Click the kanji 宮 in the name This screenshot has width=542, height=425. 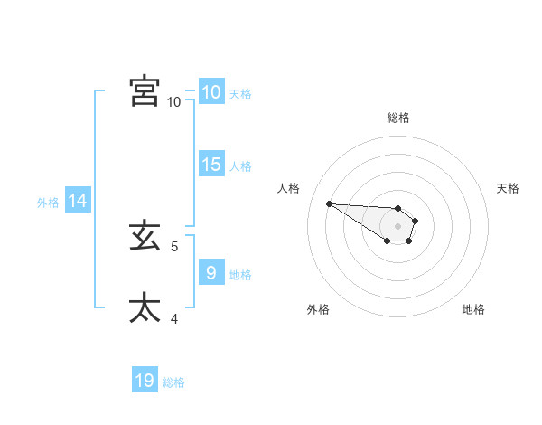pos(145,91)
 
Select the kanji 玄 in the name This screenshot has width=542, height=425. pos(145,237)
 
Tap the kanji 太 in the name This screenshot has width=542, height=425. pos(145,307)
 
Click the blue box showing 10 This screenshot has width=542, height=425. pos(210,91)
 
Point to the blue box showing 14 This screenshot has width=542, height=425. pos(78,201)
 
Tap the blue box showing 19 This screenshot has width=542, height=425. pos(145,381)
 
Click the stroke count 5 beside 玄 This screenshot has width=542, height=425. pos(174,246)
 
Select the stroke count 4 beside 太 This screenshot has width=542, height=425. pos(174,317)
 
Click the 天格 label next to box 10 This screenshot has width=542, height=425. pos(240,93)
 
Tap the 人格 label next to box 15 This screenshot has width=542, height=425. pos(240,166)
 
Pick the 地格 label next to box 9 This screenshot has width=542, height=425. pos(240,274)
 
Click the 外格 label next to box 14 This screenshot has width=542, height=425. pos(48,203)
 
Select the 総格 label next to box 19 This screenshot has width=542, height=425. pos(173,383)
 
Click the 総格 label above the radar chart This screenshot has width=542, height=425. pos(398,118)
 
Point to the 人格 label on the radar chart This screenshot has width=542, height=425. pos(289,188)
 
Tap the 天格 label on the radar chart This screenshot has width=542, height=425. pos(508,188)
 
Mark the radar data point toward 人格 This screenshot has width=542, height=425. pos(329,203)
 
